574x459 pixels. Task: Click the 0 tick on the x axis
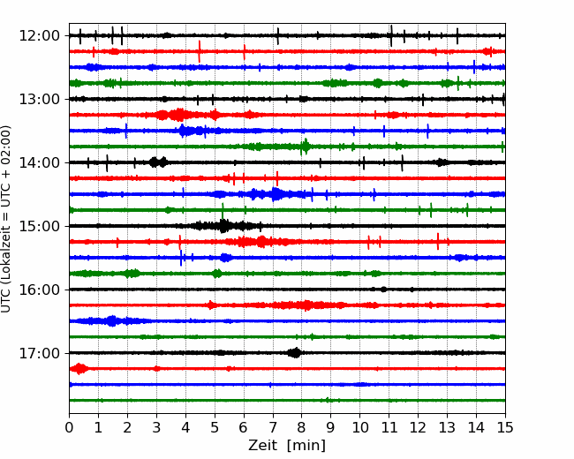[x=69, y=427]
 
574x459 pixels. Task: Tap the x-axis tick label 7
[x=273, y=427]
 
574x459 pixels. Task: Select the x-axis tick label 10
[x=359, y=427]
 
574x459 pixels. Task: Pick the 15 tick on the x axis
[x=505, y=427]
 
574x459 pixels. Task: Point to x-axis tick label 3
[x=156, y=427]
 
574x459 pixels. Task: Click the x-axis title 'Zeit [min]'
[x=287, y=446]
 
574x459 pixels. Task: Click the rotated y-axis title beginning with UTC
[x=5, y=219]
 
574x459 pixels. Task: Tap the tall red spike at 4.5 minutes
[x=200, y=51]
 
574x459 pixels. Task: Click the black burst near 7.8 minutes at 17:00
[x=294, y=353]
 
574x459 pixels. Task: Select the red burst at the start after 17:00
[x=79, y=369]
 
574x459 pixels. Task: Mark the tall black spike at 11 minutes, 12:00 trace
[x=391, y=36]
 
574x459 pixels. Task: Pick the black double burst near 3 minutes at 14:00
[x=158, y=162]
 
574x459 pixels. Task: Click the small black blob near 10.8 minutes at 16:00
[x=383, y=290]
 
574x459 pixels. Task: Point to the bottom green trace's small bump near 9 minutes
[x=329, y=400]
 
